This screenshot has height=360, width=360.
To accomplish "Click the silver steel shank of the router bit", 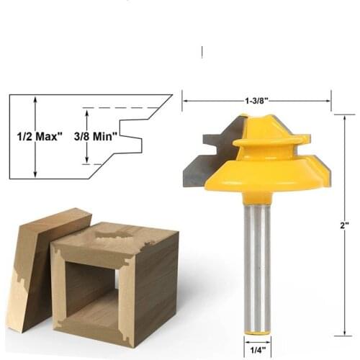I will (256, 266).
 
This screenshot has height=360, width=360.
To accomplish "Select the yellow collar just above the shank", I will (256, 197).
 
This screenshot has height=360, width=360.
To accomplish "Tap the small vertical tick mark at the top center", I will (202, 53).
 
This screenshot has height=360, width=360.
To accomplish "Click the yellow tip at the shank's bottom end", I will (256, 333).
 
